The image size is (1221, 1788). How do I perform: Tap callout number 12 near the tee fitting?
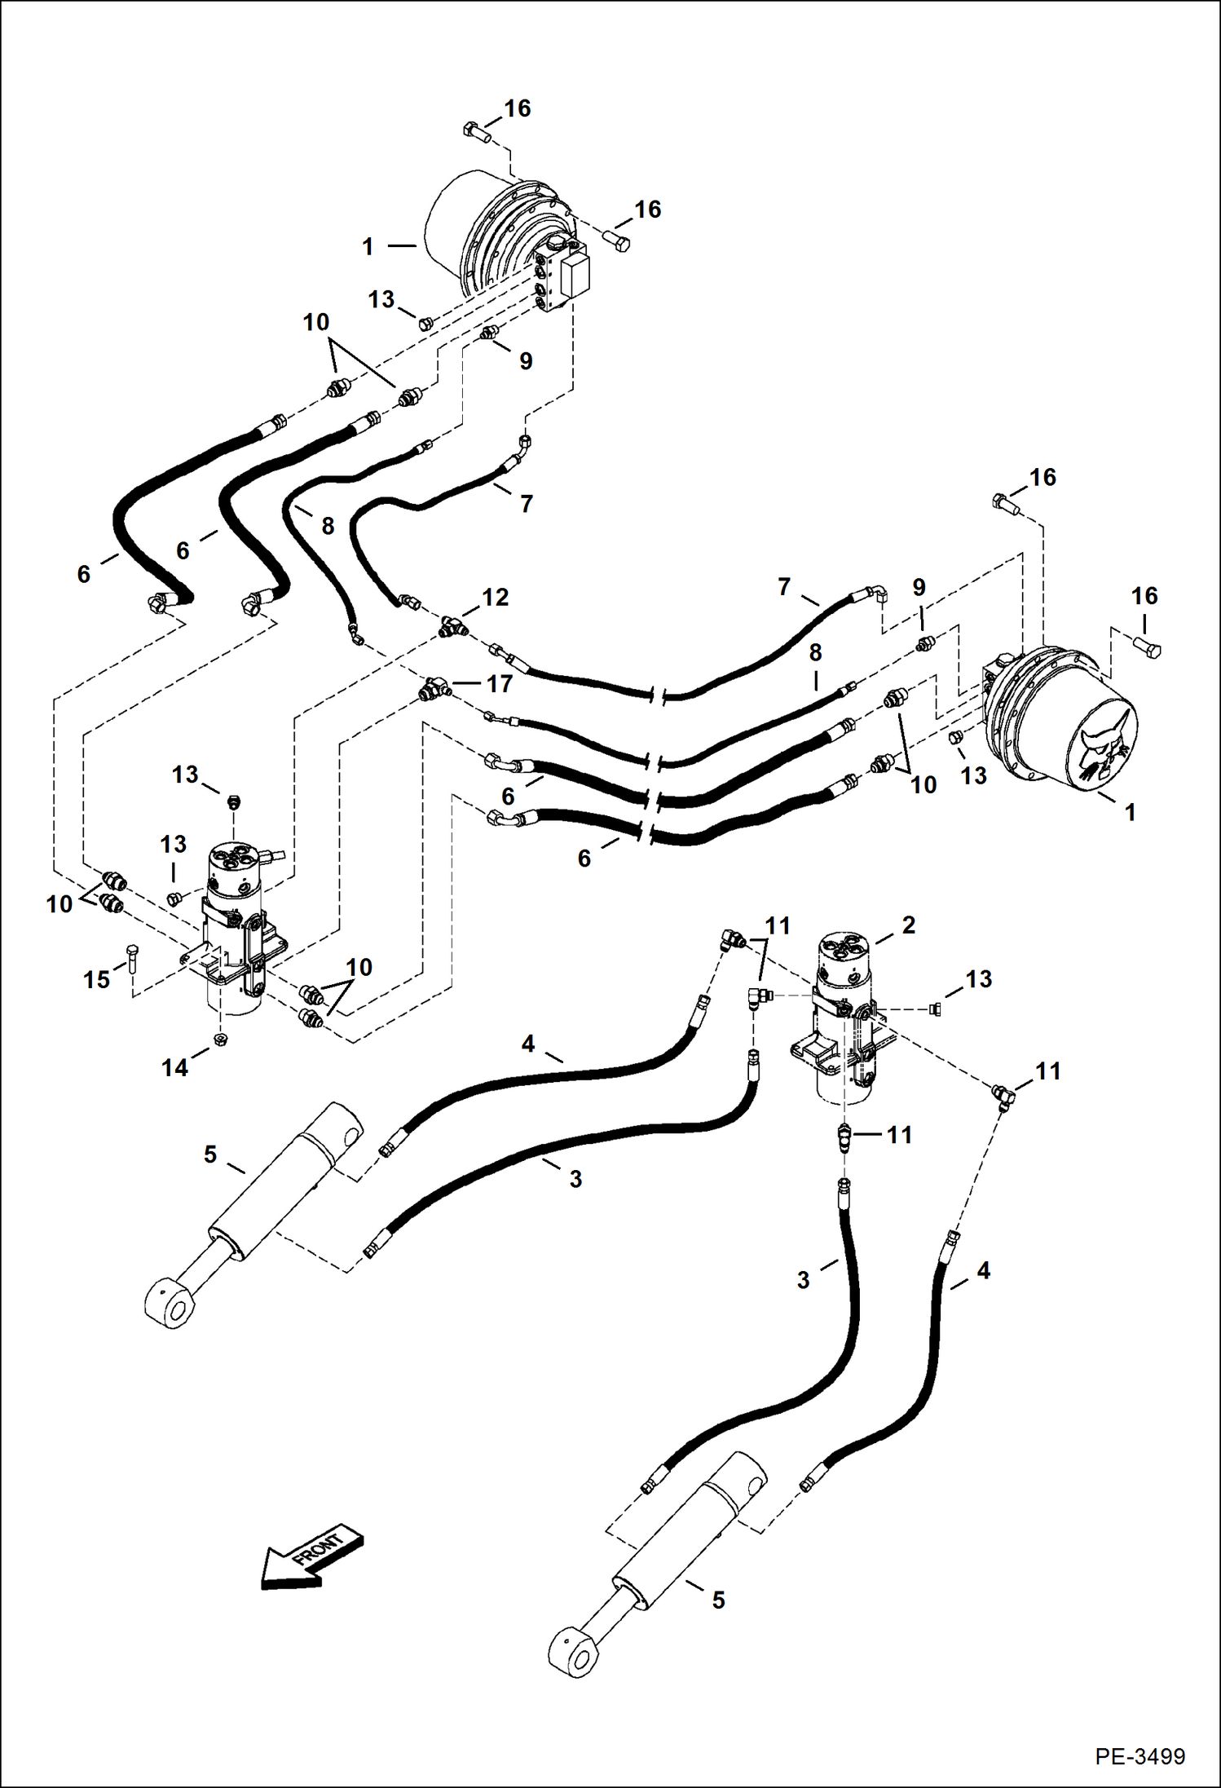[x=495, y=598]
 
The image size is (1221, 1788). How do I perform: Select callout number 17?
[x=499, y=683]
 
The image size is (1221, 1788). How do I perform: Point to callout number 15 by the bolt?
[x=96, y=979]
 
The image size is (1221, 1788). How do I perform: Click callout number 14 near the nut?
[x=174, y=1066]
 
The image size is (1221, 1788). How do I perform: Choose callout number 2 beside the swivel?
[x=908, y=925]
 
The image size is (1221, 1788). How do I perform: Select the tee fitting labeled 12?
[x=449, y=626]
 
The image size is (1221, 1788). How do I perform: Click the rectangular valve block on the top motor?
[x=575, y=276]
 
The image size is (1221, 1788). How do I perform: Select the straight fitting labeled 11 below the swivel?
[x=845, y=1136]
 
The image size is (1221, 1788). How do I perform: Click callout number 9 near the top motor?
[x=526, y=360]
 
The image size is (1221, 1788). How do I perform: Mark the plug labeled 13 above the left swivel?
[x=234, y=801]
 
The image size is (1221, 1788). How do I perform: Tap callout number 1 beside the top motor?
[x=368, y=246]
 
